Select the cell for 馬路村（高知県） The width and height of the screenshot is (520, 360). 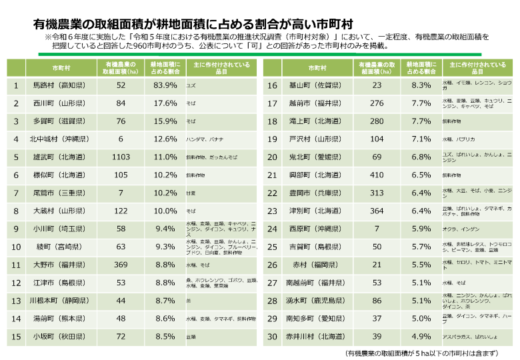[59, 86]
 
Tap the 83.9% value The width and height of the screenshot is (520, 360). [165, 86]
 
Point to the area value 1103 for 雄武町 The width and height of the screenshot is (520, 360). [121, 156]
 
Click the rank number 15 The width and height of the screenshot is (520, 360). [16, 336]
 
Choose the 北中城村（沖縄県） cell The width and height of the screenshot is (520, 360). [59, 139]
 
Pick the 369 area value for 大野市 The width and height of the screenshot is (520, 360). [121, 265]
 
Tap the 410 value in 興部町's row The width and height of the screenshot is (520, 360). [377, 175]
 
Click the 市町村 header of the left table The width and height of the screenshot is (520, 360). [59, 68]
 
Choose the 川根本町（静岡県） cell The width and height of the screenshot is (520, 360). [59, 301]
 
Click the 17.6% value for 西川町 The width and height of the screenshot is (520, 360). [165, 103]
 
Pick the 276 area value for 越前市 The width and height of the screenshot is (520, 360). [377, 103]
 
